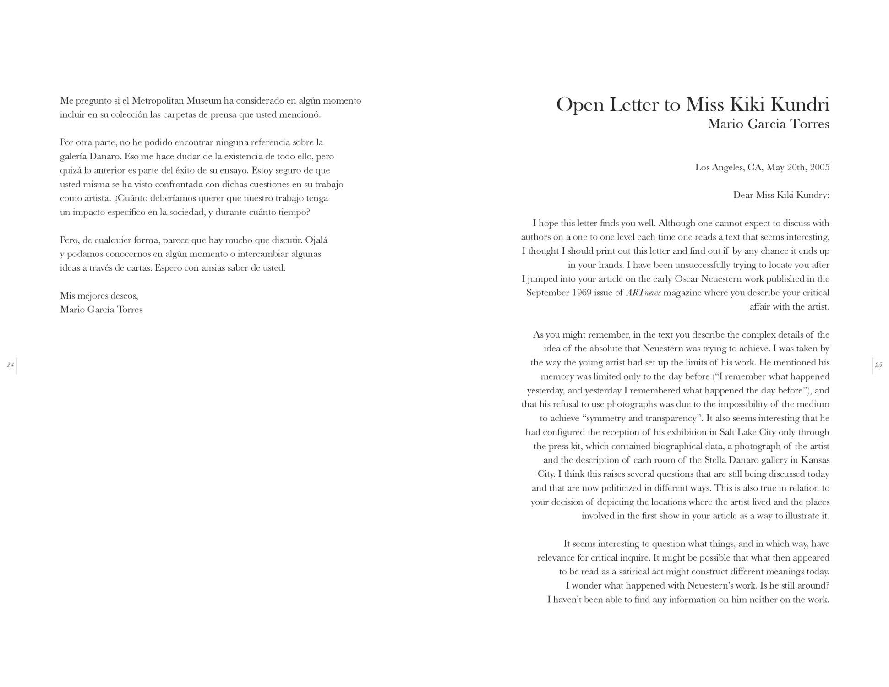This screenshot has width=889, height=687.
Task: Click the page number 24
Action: click(x=10, y=365)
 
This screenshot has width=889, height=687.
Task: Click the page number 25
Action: click(x=878, y=365)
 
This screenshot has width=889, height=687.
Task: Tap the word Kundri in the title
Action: click(x=800, y=105)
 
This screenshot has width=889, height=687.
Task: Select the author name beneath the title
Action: click(x=768, y=124)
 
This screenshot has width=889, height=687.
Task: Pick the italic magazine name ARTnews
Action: click(x=643, y=293)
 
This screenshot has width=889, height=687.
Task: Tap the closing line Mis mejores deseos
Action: click(x=99, y=296)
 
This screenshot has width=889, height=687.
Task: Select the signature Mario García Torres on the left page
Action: click(x=101, y=310)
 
